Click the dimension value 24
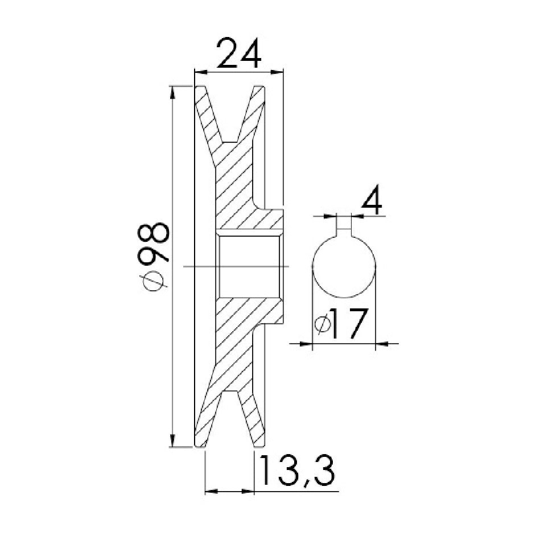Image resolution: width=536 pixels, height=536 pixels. click(x=239, y=53)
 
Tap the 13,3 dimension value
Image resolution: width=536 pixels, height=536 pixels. click(x=296, y=471)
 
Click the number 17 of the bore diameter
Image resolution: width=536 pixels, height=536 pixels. click(x=349, y=323)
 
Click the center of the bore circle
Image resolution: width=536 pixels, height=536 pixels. click(x=344, y=266)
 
